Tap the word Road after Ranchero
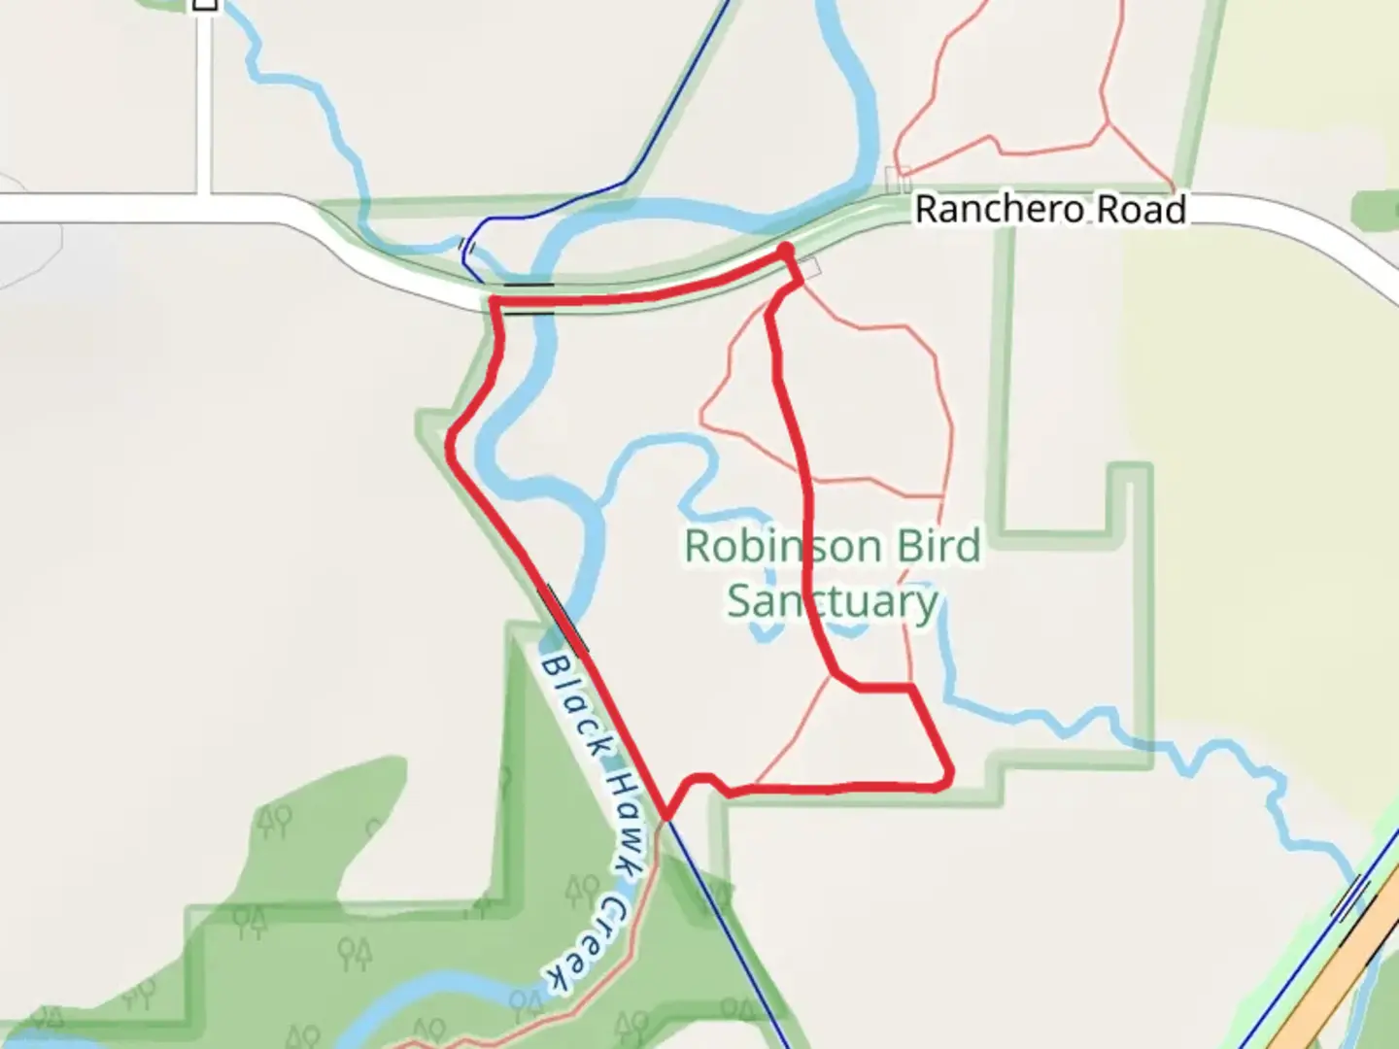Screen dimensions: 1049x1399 point(1142,210)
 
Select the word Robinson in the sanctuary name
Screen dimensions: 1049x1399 point(781,547)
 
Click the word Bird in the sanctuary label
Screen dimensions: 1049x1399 point(938,547)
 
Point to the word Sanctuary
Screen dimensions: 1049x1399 point(833,602)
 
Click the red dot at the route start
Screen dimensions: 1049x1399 point(785,253)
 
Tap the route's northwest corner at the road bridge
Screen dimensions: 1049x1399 point(495,304)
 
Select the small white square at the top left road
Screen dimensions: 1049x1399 point(205,4)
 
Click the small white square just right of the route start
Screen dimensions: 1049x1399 point(811,267)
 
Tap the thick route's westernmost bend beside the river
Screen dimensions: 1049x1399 point(451,443)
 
